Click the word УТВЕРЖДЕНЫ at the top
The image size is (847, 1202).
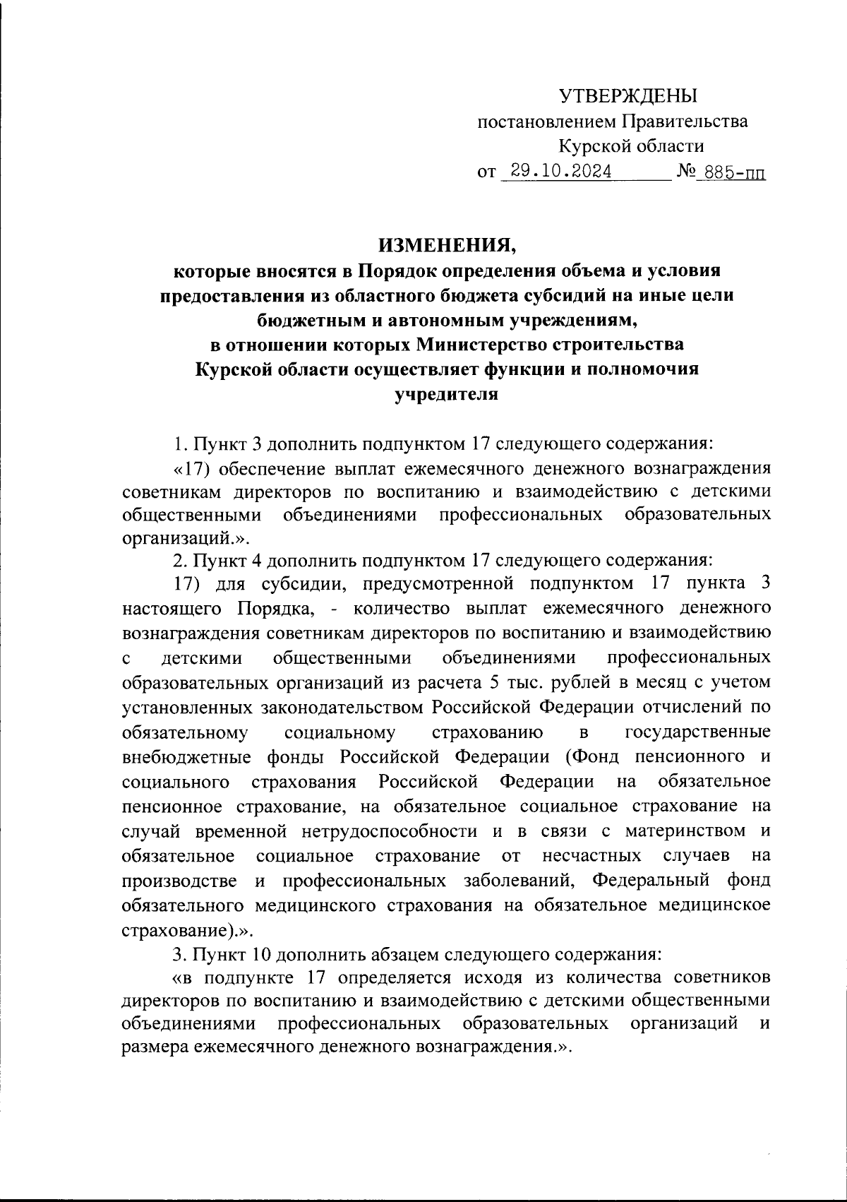click(x=627, y=95)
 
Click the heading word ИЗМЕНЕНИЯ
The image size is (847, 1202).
click(x=447, y=245)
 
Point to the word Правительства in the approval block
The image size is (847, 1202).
click(x=684, y=121)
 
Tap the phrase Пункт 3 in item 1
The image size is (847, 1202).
click(x=226, y=444)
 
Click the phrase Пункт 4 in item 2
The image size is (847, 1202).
click(x=226, y=561)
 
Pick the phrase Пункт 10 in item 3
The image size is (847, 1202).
click(x=230, y=954)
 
